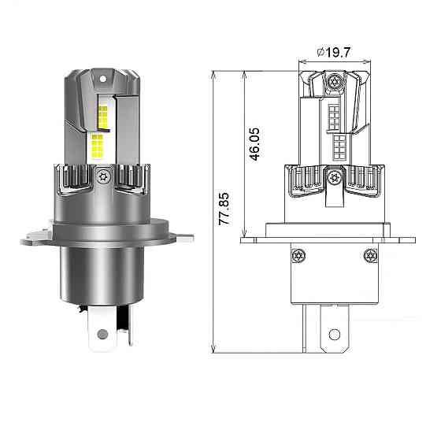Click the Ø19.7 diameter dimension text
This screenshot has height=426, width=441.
pyautogui.click(x=333, y=52)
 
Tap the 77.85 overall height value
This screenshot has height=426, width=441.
pyautogui.click(x=224, y=206)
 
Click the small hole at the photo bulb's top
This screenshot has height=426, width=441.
pyautogui.click(x=103, y=79)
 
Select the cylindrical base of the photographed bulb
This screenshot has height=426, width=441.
pyautogui.click(x=102, y=272)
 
